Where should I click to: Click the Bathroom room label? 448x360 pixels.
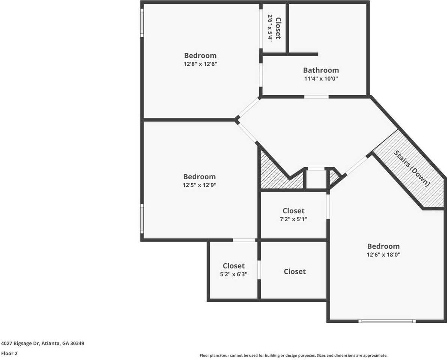tap(321, 70)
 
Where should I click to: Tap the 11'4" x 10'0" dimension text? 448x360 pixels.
tap(321, 79)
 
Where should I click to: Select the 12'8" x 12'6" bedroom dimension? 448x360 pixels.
tap(200, 64)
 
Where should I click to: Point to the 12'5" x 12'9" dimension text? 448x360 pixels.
tap(200, 185)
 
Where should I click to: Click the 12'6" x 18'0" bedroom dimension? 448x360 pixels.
tap(383, 255)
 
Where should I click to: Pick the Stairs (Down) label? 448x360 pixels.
tap(411, 168)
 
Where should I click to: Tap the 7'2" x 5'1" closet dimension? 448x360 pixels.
tap(293, 219)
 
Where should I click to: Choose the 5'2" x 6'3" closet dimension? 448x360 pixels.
tap(233, 274)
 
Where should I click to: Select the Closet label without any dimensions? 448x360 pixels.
tap(295, 271)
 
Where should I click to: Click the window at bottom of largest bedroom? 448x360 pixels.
tap(387, 321)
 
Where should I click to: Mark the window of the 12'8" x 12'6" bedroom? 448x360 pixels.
tap(142, 22)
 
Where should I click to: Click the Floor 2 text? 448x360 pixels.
tap(9, 353)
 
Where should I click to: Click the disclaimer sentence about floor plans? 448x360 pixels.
tap(293, 355)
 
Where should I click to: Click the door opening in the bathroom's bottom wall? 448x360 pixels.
tap(316, 97)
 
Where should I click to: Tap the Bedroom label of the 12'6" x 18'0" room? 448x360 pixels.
tap(383, 246)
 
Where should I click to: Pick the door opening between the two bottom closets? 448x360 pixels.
tap(259, 270)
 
